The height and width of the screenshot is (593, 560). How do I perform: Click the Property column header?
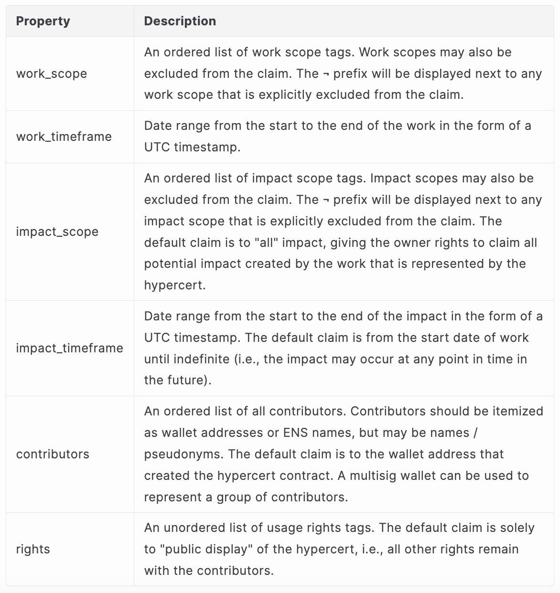point(43,21)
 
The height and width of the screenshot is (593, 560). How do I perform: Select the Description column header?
point(180,21)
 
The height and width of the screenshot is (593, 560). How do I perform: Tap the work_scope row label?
point(52,74)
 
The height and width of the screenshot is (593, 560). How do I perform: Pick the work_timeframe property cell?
point(64,137)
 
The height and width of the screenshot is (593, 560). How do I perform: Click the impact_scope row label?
point(57,232)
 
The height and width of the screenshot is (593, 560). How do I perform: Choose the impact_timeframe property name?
point(70,348)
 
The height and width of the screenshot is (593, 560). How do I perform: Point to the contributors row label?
point(53,454)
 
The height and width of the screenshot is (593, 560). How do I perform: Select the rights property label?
point(33,549)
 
